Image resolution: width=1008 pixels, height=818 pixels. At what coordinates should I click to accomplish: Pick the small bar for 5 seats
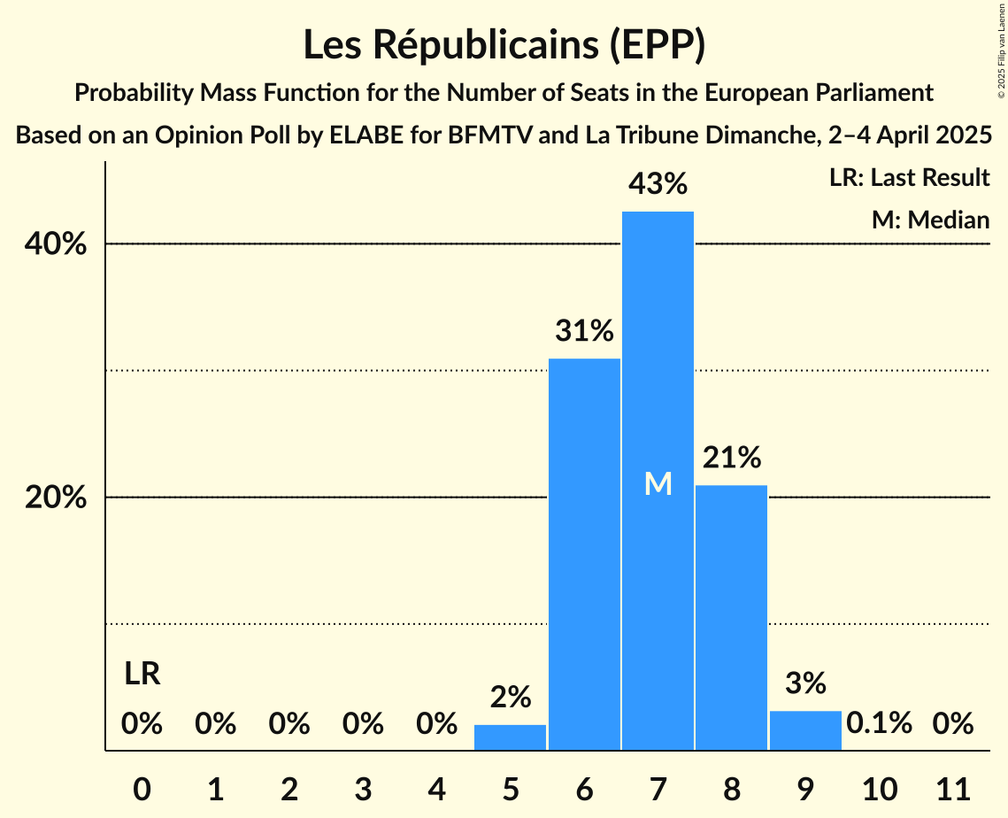point(510,737)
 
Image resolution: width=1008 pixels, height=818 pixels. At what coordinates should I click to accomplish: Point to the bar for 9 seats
point(805,730)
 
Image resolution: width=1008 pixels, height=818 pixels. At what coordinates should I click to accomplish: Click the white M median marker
point(658,483)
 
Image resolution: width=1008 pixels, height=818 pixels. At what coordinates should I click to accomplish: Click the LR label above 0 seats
point(142,675)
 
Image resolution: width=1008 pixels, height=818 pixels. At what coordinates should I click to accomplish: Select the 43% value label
point(658,184)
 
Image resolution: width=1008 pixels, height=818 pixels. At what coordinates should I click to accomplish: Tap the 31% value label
point(584,331)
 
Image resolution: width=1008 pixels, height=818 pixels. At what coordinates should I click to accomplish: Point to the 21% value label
point(731,458)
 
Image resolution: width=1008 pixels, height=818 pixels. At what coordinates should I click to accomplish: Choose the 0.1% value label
point(879,723)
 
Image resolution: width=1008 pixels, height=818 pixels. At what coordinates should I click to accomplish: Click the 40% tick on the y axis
point(56,244)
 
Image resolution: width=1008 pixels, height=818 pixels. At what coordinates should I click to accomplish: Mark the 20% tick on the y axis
point(56,498)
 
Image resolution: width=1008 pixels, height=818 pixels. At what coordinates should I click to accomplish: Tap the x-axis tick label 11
point(953,787)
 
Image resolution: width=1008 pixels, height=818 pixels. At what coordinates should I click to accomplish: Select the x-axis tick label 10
point(879,787)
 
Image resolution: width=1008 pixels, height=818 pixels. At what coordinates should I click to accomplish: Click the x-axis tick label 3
point(363,787)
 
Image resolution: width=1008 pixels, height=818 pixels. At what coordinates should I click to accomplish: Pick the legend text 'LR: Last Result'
point(909,178)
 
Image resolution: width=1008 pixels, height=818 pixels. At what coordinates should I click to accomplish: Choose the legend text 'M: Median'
point(930,220)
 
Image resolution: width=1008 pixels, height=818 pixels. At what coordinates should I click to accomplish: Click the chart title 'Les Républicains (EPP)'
point(504,46)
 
